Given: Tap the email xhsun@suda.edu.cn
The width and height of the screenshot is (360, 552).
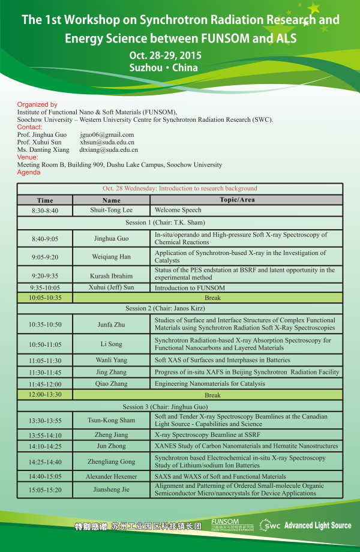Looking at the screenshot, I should [107, 142].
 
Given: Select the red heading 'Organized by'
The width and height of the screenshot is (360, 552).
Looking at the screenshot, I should [37, 104].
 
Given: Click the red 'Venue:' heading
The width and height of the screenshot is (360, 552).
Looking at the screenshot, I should [28, 157].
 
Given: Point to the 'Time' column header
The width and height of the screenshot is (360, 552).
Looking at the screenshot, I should [45, 200].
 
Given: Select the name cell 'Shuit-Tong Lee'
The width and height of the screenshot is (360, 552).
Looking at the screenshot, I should [111, 211].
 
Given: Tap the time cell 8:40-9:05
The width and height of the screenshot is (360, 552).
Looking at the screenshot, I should [45, 239].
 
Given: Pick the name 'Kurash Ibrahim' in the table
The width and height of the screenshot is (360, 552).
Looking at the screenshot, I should [111, 276].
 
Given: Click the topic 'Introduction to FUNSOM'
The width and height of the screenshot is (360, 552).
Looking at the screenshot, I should [190, 288].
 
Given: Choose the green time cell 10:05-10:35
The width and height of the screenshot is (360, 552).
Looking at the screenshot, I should [45, 298].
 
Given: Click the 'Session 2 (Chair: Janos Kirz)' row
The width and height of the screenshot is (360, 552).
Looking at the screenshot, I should [180, 308].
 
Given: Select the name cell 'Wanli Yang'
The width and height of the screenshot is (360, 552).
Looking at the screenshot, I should [111, 361].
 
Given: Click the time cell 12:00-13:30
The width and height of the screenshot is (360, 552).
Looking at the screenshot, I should [45, 395].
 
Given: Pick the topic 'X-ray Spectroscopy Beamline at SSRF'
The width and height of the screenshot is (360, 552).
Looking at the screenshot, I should [203, 435].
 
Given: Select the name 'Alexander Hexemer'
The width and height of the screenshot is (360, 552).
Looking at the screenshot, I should [111, 476].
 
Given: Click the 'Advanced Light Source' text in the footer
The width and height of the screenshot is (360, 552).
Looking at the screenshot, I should [318, 526].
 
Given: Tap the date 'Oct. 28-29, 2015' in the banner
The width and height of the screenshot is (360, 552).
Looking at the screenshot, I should [165, 55].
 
